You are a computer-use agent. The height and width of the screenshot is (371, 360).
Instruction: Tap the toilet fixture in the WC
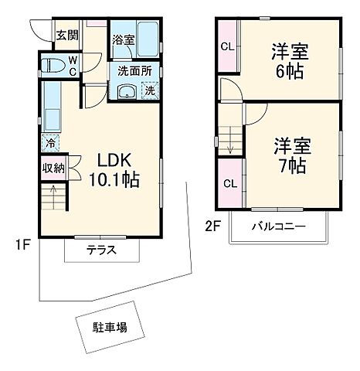point(53,65)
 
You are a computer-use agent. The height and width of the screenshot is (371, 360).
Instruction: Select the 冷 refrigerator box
point(50,142)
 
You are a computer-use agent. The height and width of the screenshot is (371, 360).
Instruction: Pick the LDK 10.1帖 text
point(117,170)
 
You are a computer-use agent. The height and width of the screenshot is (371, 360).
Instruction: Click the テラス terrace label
point(102,250)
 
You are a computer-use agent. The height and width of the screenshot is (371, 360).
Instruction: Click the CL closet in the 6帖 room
point(228,46)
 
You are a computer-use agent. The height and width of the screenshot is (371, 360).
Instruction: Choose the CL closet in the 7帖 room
point(229,183)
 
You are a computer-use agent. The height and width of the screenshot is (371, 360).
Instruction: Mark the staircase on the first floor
point(53,200)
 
